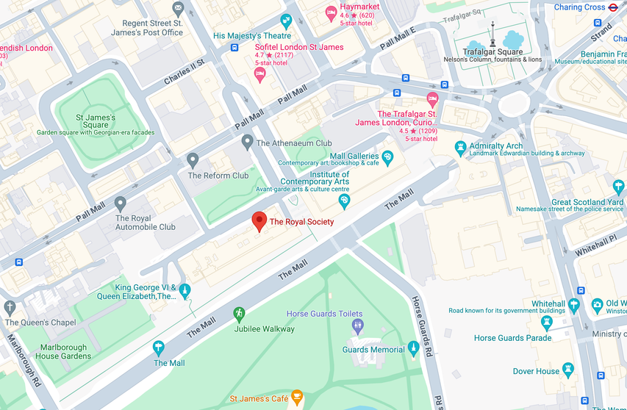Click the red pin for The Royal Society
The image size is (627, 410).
tap(259, 220)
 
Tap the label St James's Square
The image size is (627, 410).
tap(96, 121)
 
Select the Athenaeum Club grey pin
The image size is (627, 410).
tap(248, 141)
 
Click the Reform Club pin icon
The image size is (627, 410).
tap(193, 159)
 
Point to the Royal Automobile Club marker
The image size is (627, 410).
tap(121, 203)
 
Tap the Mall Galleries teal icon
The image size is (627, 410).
tap(387, 157)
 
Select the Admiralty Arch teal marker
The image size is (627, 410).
tap(461, 147)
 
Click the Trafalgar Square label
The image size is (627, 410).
tap(492, 51)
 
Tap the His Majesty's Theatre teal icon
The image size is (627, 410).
tap(286, 21)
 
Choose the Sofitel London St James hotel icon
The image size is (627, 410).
tap(259, 73)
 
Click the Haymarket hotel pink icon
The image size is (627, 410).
tap(332, 13)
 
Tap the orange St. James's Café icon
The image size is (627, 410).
tap(297, 398)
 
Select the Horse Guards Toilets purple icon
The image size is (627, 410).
tap(357, 325)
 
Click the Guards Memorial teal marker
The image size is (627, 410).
tap(413, 348)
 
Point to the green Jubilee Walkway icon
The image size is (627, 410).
tap(238, 314)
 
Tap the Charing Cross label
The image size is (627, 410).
tap(579, 7)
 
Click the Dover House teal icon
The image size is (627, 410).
tap(567, 370)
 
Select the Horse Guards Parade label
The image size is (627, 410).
tap(512, 338)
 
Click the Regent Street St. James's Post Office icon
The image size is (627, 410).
tap(177, 9)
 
